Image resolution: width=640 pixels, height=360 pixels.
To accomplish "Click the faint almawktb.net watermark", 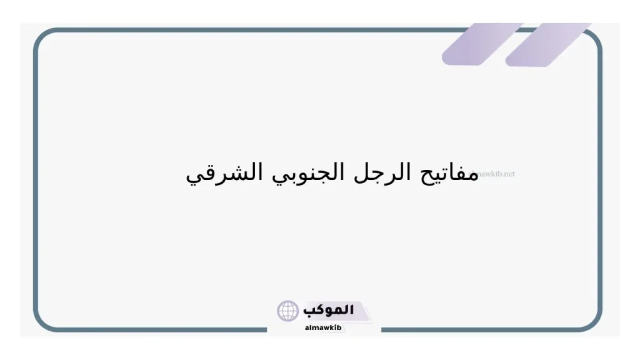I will coord(497,174).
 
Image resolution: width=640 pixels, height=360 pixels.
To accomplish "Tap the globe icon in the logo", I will coord(288,311).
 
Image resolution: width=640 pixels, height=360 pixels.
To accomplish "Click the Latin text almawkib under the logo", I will coord(322,327).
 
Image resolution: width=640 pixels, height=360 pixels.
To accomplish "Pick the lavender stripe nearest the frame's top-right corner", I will coord(547,45).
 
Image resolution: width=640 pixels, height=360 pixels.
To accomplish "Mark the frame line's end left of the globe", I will coord(267,329).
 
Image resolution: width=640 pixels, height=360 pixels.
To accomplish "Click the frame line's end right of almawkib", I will coord(382,329).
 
